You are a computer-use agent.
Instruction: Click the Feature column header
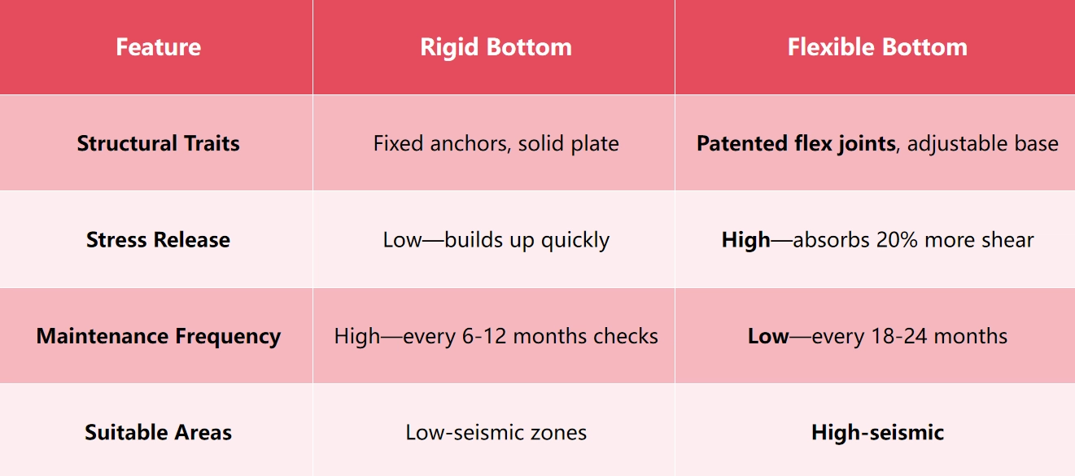tap(158, 47)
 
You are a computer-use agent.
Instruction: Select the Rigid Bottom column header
tap(496, 47)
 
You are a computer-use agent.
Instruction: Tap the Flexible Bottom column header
tap(877, 47)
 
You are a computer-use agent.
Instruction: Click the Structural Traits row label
tap(158, 144)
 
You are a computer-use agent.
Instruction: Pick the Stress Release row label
tap(158, 240)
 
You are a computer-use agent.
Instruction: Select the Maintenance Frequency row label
tap(158, 336)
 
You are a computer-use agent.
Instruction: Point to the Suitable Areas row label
tap(158, 432)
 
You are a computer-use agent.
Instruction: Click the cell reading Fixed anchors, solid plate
tap(496, 144)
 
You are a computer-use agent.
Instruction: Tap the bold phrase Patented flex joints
tap(795, 144)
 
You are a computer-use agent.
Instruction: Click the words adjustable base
tap(983, 144)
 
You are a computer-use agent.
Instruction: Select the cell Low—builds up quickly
tap(496, 240)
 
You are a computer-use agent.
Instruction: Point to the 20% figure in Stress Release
tap(894, 240)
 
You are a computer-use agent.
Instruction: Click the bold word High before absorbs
tap(745, 240)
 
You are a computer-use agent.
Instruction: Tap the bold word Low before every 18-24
tap(768, 336)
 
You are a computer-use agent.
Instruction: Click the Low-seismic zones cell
tap(496, 432)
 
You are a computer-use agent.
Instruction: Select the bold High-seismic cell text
tap(877, 432)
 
